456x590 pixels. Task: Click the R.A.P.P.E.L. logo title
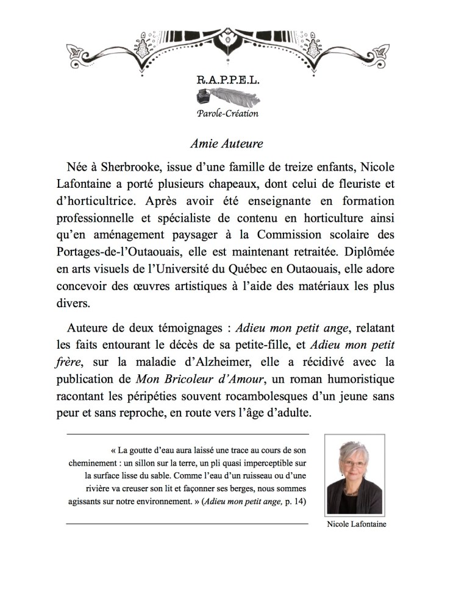[227, 80]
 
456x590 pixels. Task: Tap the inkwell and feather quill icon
[227, 98]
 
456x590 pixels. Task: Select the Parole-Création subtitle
[227, 114]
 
